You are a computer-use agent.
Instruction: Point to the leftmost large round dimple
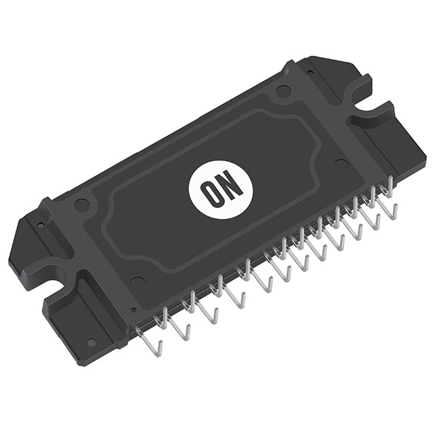(81, 202)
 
